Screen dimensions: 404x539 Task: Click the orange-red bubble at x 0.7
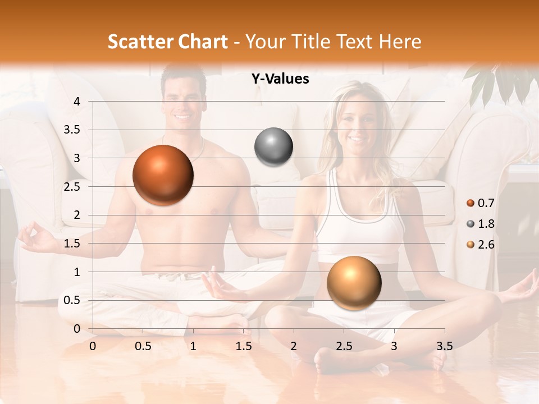(x=163, y=175)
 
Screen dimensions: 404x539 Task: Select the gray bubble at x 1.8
(x=273, y=147)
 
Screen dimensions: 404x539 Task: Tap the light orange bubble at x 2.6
(x=354, y=282)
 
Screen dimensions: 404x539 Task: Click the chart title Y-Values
(x=280, y=79)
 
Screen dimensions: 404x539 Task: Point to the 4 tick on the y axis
(x=76, y=102)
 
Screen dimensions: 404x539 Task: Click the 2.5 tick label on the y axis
(x=72, y=187)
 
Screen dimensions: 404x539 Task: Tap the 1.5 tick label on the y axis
(x=72, y=244)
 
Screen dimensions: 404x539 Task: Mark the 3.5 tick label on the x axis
(x=444, y=346)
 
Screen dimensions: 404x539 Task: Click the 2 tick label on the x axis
(x=294, y=346)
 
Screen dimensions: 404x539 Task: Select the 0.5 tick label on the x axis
(x=143, y=346)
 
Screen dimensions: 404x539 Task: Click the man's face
(x=182, y=101)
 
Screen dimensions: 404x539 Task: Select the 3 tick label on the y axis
(x=76, y=158)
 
